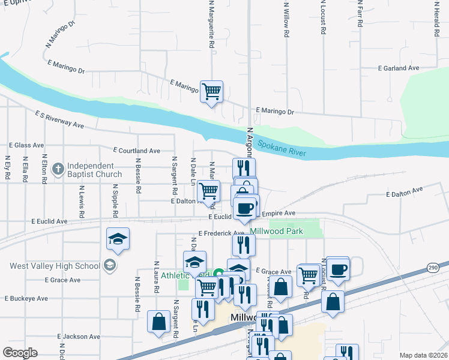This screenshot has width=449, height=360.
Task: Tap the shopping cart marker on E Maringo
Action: click(x=211, y=92)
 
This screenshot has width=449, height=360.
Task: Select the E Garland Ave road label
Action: click(x=398, y=68)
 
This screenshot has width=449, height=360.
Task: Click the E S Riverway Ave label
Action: click(x=59, y=119)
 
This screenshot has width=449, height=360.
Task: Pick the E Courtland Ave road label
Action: click(x=136, y=151)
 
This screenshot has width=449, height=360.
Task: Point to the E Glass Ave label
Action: click(x=26, y=145)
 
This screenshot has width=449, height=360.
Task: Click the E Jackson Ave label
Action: click(x=77, y=337)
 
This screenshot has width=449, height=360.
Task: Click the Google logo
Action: click(x=20, y=353)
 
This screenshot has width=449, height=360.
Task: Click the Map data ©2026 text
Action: click(x=423, y=355)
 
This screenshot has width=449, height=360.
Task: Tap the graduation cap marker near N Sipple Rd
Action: click(x=118, y=239)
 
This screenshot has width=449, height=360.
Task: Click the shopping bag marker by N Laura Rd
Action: click(x=159, y=321)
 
